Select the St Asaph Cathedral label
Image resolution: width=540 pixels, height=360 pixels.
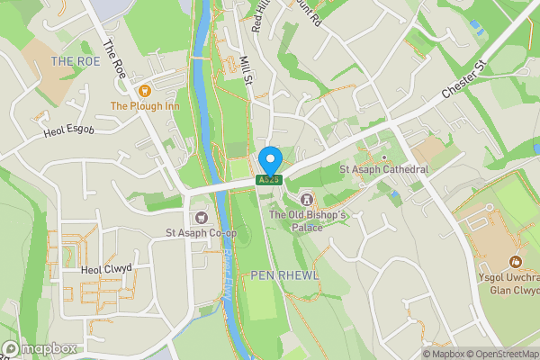pyautogui.click(x=383, y=169)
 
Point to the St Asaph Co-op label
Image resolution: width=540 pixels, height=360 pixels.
pyautogui.click(x=200, y=233)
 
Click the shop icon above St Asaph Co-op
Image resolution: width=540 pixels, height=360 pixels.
pyautogui.click(x=200, y=217)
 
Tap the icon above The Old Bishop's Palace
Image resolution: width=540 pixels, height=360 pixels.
pyautogui.click(x=306, y=198)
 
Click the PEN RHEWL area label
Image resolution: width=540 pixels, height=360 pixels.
pyautogui.click(x=284, y=274)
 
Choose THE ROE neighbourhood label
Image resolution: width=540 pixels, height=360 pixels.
pyautogui.click(x=74, y=61)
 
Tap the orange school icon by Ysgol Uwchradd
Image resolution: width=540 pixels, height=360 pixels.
pyautogui.click(x=516, y=261)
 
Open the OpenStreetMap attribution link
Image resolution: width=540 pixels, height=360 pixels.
pyautogui.click(x=499, y=354)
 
